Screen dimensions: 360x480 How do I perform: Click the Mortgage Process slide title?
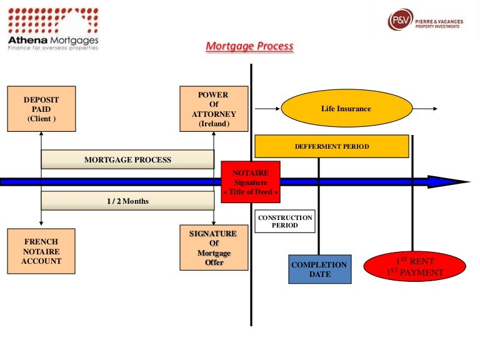[249, 46]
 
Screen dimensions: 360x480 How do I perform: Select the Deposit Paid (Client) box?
[41, 109]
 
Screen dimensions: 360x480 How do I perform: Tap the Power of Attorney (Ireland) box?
[214, 109]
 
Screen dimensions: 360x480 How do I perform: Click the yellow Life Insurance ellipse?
[346, 109]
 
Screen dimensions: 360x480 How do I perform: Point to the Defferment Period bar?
[331, 146]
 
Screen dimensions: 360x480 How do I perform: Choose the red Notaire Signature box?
[251, 182]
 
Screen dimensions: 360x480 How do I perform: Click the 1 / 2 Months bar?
[127, 201]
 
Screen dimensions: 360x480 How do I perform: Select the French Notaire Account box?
[41, 251]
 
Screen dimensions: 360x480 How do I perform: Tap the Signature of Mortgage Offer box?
[214, 248]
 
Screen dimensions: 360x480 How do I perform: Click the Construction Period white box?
[285, 221]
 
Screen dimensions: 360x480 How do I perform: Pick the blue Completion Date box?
[319, 269]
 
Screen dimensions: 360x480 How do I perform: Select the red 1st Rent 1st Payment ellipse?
[415, 267]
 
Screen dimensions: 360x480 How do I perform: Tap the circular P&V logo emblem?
[400, 20]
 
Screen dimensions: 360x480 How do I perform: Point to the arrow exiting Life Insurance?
[425, 109]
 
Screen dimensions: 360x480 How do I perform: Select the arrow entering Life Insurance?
[267, 109]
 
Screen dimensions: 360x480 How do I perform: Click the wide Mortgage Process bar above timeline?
[127, 160]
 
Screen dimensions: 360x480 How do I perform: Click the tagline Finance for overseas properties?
[52, 47]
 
